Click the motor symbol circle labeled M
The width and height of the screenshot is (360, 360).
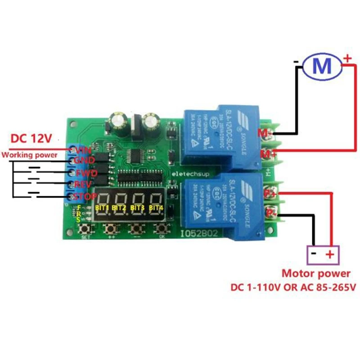(x=323, y=67)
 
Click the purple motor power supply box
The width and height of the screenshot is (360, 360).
(x=322, y=255)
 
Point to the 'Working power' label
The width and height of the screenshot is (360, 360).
(x=30, y=155)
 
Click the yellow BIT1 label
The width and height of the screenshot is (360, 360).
(x=102, y=207)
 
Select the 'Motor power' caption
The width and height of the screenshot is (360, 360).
(x=315, y=273)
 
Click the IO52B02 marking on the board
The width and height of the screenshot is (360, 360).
(x=198, y=234)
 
